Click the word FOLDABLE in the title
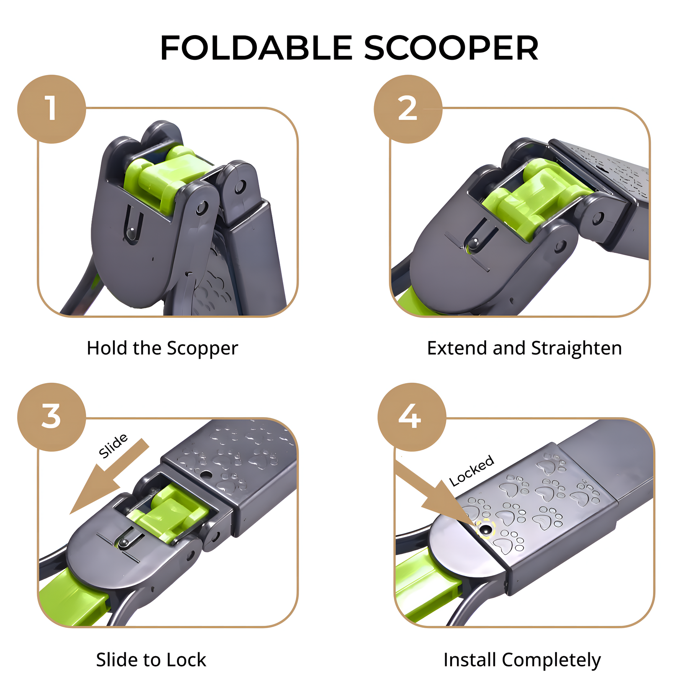click(x=256, y=48)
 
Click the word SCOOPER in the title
click(x=451, y=48)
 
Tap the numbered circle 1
click(x=51, y=109)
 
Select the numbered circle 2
click(x=408, y=109)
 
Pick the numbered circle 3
click(x=51, y=417)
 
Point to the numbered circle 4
click(x=412, y=417)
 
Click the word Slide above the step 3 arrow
click(x=113, y=446)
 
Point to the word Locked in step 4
click(x=472, y=471)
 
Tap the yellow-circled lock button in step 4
click(x=486, y=529)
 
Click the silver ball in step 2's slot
click(x=475, y=242)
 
